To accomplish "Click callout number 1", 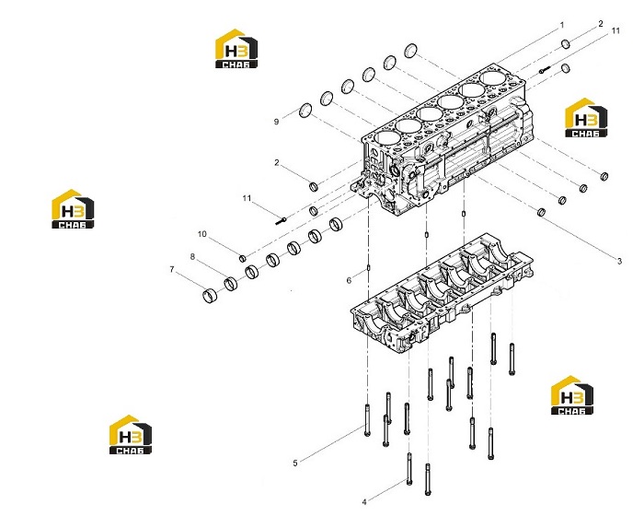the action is [562, 26].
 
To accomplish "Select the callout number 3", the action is [619, 261].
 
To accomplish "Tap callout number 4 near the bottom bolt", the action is [364, 502].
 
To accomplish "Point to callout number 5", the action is [295, 463].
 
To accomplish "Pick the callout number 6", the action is [349, 280].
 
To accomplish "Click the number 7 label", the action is [172, 269].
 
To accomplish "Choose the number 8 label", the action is [192, 256].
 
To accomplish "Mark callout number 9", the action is [276, 122].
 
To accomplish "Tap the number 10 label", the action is [201, 234].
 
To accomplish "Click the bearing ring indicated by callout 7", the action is [210, 295].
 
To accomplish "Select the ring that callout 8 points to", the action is [231, 283].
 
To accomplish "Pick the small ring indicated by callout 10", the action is [243, 258].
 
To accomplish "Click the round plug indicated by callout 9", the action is [305, 111].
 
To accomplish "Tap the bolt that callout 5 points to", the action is [367, 420].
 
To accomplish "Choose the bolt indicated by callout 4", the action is [409, 469].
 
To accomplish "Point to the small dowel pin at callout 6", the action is [368, 268].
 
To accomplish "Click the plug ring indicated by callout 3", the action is [541, 212].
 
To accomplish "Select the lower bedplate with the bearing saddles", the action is [442, 292].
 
